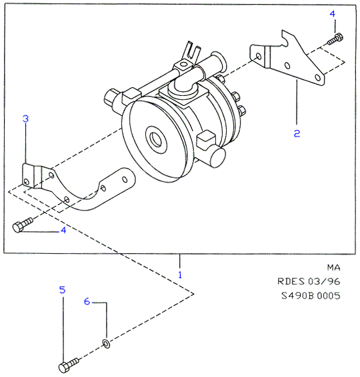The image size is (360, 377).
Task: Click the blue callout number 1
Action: pos(180,274)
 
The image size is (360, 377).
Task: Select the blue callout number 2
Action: pos(297,133)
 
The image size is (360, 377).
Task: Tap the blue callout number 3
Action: pos(25,119)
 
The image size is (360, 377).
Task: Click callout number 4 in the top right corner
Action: pos(332,14)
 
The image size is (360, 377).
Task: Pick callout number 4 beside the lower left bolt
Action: pos(63,230)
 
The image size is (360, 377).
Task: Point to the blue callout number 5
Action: pos(62,290)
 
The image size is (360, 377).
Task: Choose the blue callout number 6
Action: pos(87,301)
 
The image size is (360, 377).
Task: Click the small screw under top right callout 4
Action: pos(335,39)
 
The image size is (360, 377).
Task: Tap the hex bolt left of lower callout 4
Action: pos(23,224)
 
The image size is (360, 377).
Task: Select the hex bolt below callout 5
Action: pos(69,365)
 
